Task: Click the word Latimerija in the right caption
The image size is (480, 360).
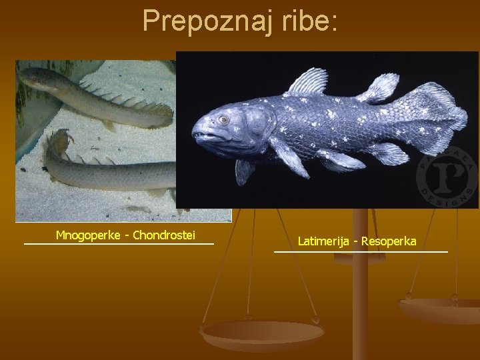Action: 324,241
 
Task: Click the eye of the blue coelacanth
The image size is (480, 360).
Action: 223,119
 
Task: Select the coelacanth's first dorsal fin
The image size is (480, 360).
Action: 308,82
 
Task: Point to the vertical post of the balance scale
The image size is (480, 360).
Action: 360,287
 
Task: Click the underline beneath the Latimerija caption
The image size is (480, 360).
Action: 361,251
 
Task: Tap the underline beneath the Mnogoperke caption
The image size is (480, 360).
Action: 119,244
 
